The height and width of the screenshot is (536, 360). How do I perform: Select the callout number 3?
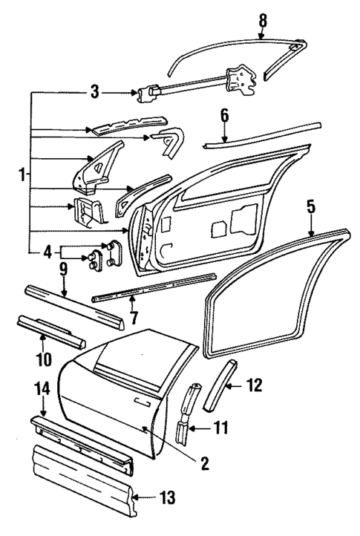(x=94, y=93)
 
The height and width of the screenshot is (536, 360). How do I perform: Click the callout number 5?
(x=310, y=204)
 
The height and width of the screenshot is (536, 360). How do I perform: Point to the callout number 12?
(x=255, y=385)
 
